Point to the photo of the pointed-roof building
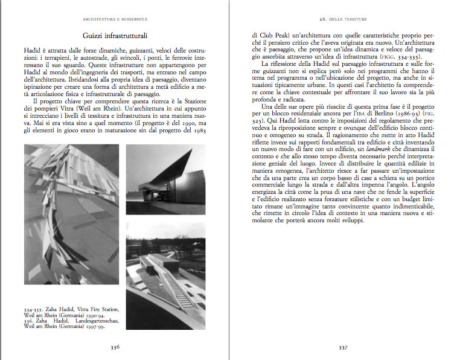coord(165,178)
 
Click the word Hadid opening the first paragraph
coord(33,49)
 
